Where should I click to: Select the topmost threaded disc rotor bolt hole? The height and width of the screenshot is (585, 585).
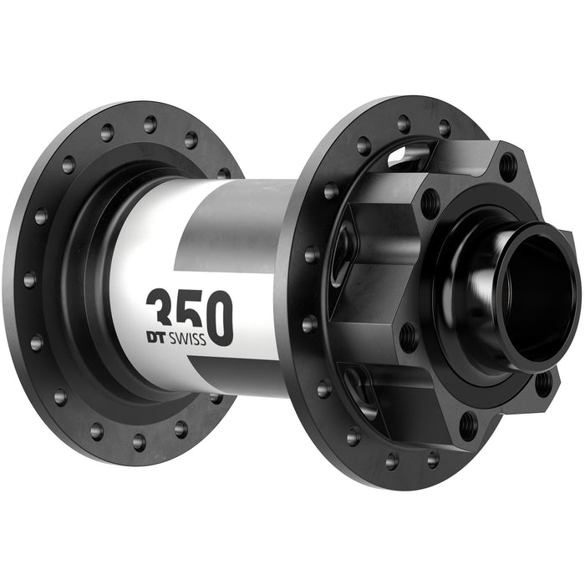pyautogui.click(x=507, y=164)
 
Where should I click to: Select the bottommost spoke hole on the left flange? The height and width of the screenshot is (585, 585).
pyautogui.click(x=139, y=440)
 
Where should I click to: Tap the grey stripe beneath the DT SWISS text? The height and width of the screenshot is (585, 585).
pyautogui.click(x=234, y=372)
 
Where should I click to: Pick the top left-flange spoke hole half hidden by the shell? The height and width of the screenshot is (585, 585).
pyautogui.click(x=224, y=174)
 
